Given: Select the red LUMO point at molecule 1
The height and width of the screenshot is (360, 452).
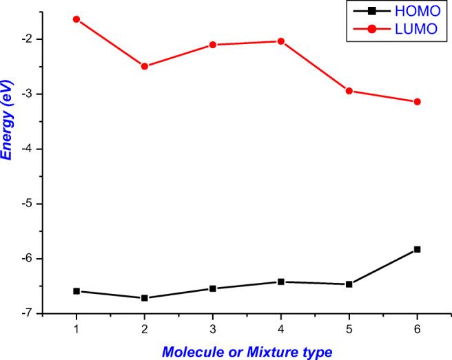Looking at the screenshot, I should click(x=76, y=19).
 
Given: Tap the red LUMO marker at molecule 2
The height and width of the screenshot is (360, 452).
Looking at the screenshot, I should click(x=145, y=66).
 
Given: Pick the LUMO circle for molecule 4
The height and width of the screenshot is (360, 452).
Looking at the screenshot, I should click(x=281, y=41).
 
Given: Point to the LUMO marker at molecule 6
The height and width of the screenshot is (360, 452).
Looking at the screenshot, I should click(x=418, y=102).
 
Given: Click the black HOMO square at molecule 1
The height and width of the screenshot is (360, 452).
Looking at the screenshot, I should click(x=76, y=291).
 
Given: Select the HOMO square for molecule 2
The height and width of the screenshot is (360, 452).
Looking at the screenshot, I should click(x=145, y=298).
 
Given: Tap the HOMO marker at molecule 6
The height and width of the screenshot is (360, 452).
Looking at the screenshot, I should click(x=418, y=249).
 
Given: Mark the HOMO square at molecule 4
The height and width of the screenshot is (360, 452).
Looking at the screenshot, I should click(x=281, y=282).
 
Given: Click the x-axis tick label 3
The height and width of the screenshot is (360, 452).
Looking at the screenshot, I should click(x=213, y=328).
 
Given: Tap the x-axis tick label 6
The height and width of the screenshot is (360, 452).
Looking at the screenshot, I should click(x=418, y=328).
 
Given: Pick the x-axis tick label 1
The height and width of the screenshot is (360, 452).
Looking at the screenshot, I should click(x=76, y=328).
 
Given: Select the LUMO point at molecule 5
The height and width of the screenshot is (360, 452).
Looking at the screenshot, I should click(x=349, y=91).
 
